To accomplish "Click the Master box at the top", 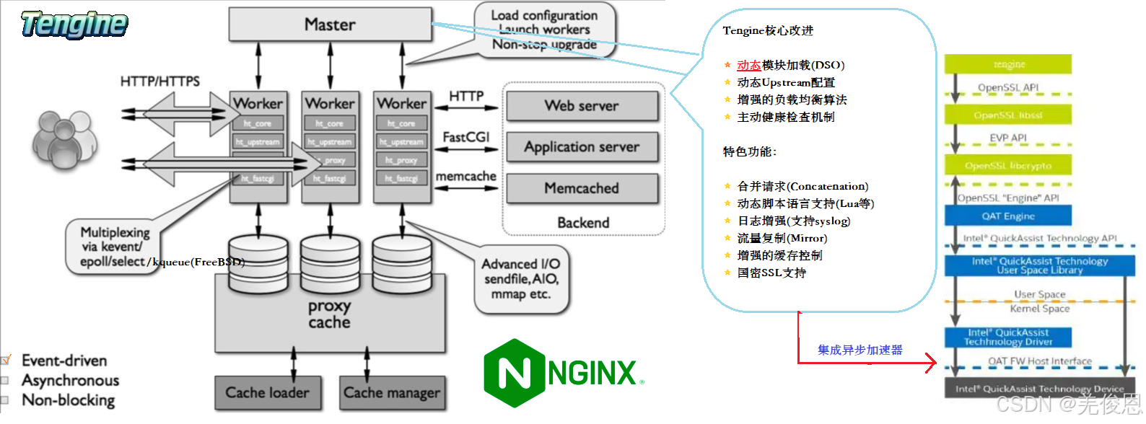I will (x=330, y=25).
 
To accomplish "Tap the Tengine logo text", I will (x=74, y=25).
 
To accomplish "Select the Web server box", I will (x=582, y=106).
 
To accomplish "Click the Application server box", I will (x=582, y=147).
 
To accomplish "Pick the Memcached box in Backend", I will (x=582, y=188).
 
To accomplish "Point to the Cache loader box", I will (x=267, y=393).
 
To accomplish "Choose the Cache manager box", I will (x=392, y=393).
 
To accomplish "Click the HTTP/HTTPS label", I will (x=159, y=81).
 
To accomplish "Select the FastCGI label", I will (x=465, y=137).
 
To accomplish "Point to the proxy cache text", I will (x=329, y=314).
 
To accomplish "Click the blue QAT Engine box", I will (x=1007, y=216).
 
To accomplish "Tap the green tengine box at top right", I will (x=1008, y=64).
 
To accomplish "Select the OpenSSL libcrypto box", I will (x=1007, y=166).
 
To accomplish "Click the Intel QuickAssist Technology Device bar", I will (x=1039, y=389).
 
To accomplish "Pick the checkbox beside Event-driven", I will (x=5, y=360).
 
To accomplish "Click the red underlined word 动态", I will (x=748, y=65).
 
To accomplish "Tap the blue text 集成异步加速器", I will (x=859, y=350).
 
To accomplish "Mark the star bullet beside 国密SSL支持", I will (x=727, y=273).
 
